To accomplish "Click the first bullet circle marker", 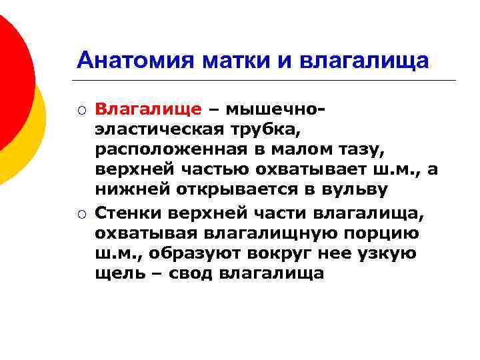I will (81, 109).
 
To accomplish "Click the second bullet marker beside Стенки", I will (81, 213).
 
